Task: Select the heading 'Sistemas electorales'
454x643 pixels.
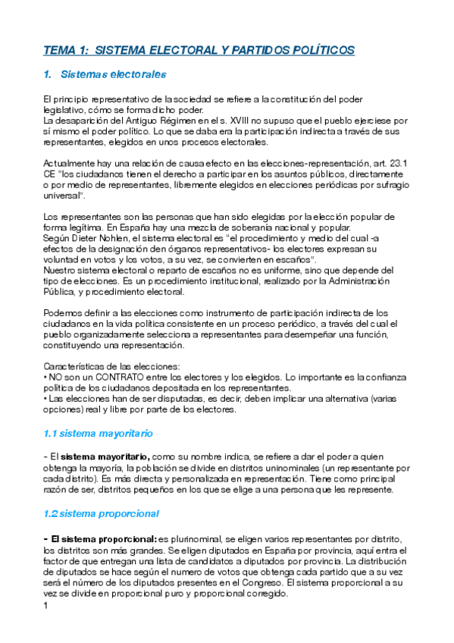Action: tap(112, 75)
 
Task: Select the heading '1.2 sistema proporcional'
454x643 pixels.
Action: tap(101, 513)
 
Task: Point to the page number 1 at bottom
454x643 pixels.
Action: tap(46, 607)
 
